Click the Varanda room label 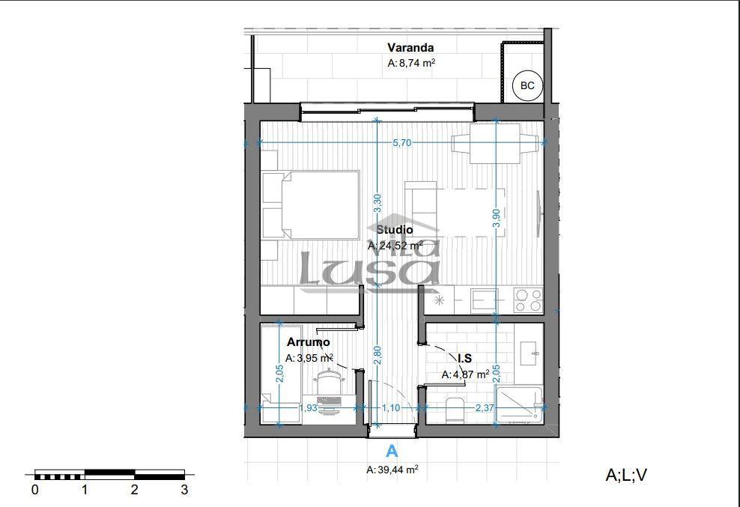[x=410, y=48]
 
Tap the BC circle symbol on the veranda [x=527, y=85]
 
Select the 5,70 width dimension [x=401, y=142]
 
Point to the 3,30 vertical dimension [x=377, y=204]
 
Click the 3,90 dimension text [x=496, y=218]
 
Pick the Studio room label [x=395, y=230]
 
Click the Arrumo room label [x=308, y=341]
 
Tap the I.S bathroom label [x=464, y=358]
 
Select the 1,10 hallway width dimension [x=391, y=408]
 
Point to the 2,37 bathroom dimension [x=484, y=407]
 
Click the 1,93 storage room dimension [x=308, y=408]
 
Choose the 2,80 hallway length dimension [x=377, y=355]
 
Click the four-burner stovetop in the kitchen [x=528, y=300]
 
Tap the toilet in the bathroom [x=455, y=410]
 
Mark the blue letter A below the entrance [x=392, y=452]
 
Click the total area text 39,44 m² [x=392, y=470]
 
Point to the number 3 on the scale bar [x=184, y=490]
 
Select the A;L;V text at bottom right [x=626, y=475]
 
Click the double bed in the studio [x=321, y=205]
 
